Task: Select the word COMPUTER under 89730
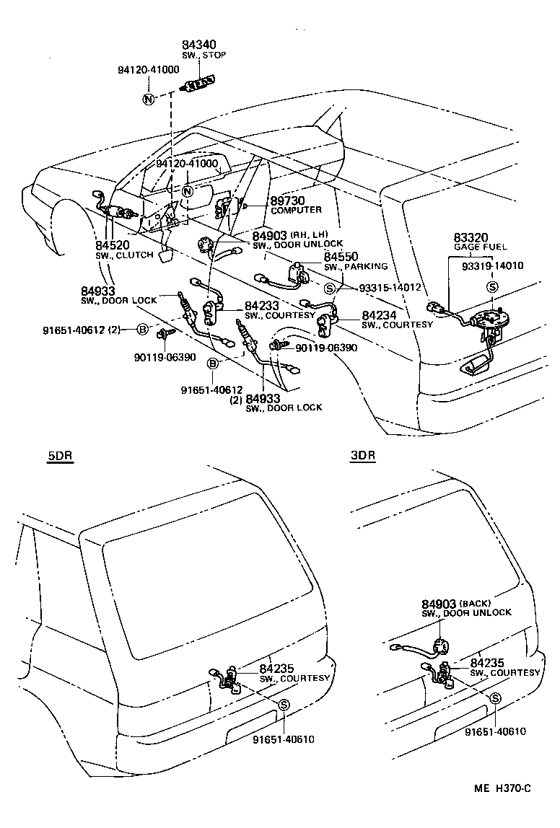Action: point(295,210)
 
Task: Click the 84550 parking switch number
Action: point(341,257)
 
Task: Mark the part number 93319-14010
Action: point(493,265)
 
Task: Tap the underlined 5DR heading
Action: point(60,457)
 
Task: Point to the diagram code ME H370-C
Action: point(502,789)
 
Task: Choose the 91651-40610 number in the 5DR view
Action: point(284,739)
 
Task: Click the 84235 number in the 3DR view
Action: point(487,663)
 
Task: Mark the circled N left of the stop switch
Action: point(148,99)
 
